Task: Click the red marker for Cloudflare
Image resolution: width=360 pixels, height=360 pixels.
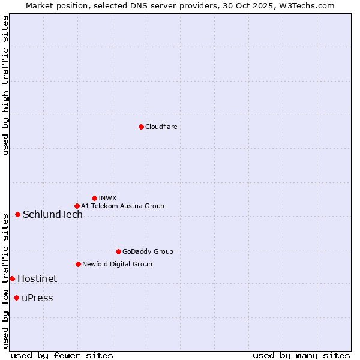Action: tap(141, 127)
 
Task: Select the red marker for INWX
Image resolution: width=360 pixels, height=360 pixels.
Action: tap(94, 198)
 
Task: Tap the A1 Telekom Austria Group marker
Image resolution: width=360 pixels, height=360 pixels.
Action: tap(77, 206)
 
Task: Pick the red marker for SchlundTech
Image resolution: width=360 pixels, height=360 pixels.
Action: tap(17, 214)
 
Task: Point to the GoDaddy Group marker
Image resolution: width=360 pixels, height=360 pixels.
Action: tap(118, 251)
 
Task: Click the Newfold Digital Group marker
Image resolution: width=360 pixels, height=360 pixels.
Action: tap(78, 264)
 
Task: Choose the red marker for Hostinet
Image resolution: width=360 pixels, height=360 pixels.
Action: tap(12, 278)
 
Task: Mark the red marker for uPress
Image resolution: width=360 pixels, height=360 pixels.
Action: tap(16, 298)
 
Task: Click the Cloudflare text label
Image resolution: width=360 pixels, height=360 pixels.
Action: tap(161, 127)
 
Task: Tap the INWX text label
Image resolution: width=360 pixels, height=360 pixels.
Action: tap(107, 198)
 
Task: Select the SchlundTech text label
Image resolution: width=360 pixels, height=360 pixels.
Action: tap(53, 215)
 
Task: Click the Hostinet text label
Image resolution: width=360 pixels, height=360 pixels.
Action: tap(37, 278)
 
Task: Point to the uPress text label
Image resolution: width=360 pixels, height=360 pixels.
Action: tap(37, 298)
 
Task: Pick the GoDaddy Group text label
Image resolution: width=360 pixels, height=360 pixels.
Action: tap(148, 251)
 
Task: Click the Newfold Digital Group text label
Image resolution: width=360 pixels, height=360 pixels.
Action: tap(117, 264)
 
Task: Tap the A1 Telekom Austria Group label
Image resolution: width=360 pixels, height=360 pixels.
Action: tap(122, 206)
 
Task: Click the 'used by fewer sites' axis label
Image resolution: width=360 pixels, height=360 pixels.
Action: tap(62, 355)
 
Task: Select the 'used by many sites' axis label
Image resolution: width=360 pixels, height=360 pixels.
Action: tap(301, 355)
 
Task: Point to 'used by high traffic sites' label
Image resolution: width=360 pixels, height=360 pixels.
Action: tap(5, 85)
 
